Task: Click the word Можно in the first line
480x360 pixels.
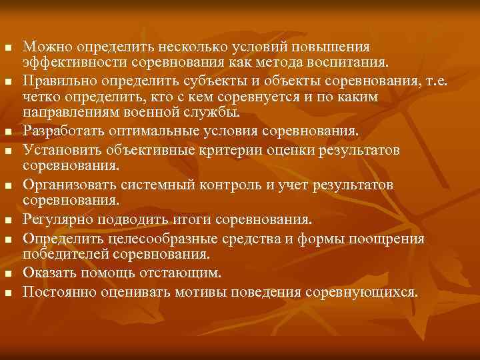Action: (48, 47)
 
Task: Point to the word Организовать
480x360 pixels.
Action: (71, 183)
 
